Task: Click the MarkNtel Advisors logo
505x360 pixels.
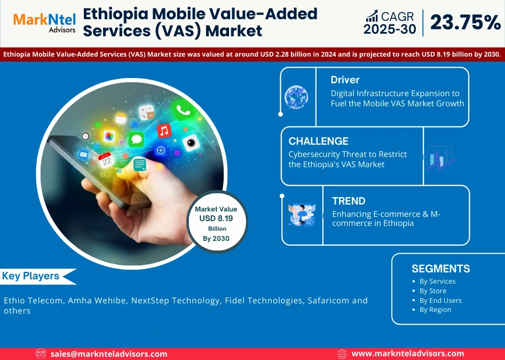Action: pyautogui.click(x=44, y=23)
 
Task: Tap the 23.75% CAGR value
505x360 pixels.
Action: pyautogui.click(x=464, y=22)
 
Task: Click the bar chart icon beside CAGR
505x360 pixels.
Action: pyautogui.click(x=372, y=17)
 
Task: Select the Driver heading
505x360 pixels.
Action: pyautogui.click(x=345, y=80)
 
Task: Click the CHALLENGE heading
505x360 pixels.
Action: pyautogui.click(x=318, y=141)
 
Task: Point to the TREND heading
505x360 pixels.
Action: pyautogui.click(x=349, y=201)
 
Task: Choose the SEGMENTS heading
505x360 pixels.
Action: pyautogui.click(x=440, y=269)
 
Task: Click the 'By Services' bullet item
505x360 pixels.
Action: pyautogui.click(x=437, y=281)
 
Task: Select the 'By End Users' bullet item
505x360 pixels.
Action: pyautogui.click(x=440, y=300)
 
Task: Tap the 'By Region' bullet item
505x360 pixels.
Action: pyautogui.click(x=435, y=309)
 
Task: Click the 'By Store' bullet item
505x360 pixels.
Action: pyautogui.click(x=432, y=291)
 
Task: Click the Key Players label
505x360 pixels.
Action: pyautogui.click(x=30, y=276)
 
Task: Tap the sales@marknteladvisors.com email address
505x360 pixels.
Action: pyautogui.click(x=109, y=354)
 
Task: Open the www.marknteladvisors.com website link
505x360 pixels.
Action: pyautogui.click(x=407, y=354)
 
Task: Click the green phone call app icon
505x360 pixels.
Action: pyautogui.click(x=183, y=111)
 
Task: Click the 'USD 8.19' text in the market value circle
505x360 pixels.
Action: pyautogui.click(x=216, y=218)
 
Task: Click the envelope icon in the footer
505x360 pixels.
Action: pyautogui.click(x=41, y=354)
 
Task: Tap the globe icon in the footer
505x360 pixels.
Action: pyautogui.click(x=342, y=354)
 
